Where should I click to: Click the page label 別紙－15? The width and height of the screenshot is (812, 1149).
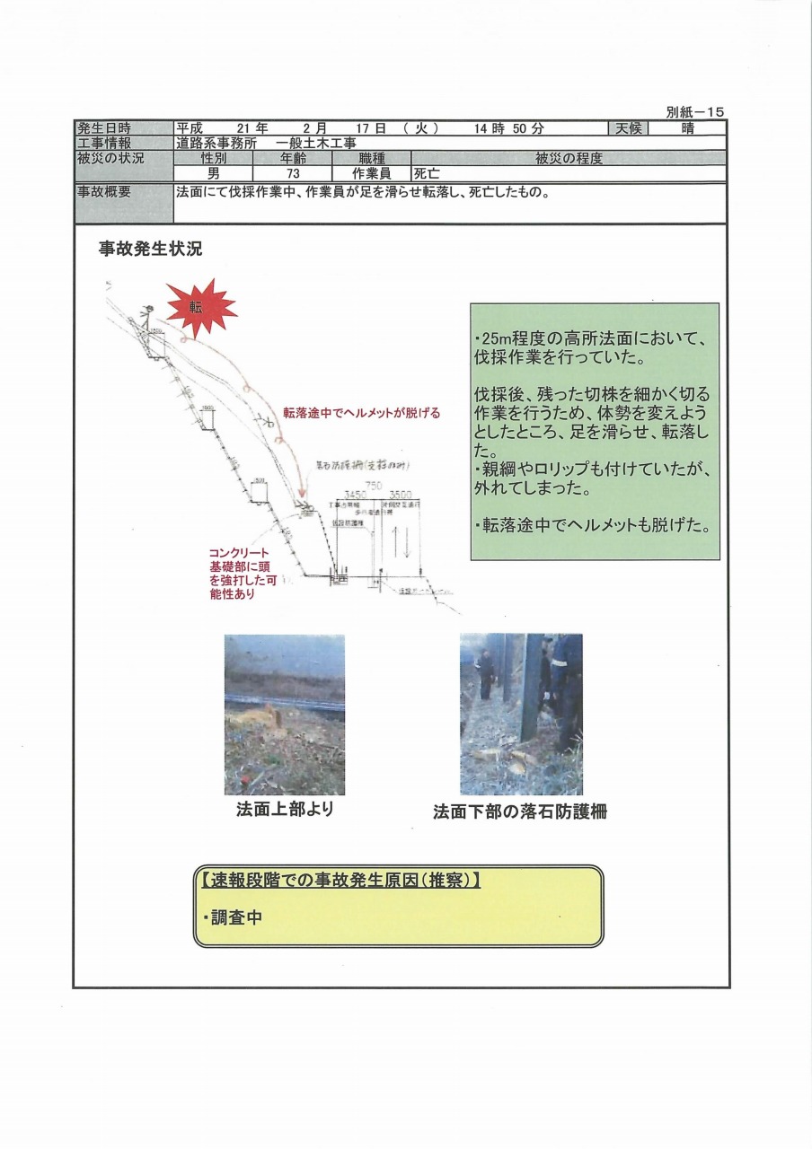click(694, 112)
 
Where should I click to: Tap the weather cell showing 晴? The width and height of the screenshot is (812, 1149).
click(688, 128)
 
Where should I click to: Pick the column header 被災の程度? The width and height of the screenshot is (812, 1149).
click(568, 159)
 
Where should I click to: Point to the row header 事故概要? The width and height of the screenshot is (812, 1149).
click(105, 191)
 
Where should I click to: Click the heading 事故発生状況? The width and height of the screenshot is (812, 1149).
click(150, 250)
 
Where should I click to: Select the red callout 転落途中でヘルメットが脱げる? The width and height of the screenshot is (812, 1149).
click(362, 413)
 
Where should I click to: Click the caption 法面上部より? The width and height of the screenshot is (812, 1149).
click(285, 810)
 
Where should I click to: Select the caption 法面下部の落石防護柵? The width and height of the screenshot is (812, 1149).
click(520, 811)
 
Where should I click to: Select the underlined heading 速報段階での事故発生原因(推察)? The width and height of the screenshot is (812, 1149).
click(337, 881)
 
